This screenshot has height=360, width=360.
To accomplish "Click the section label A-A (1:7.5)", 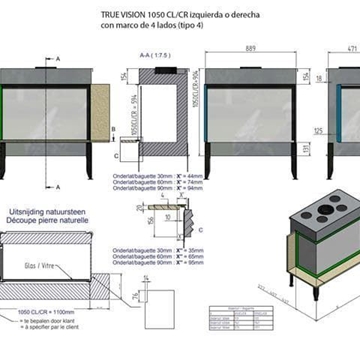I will (x=153, y=58).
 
